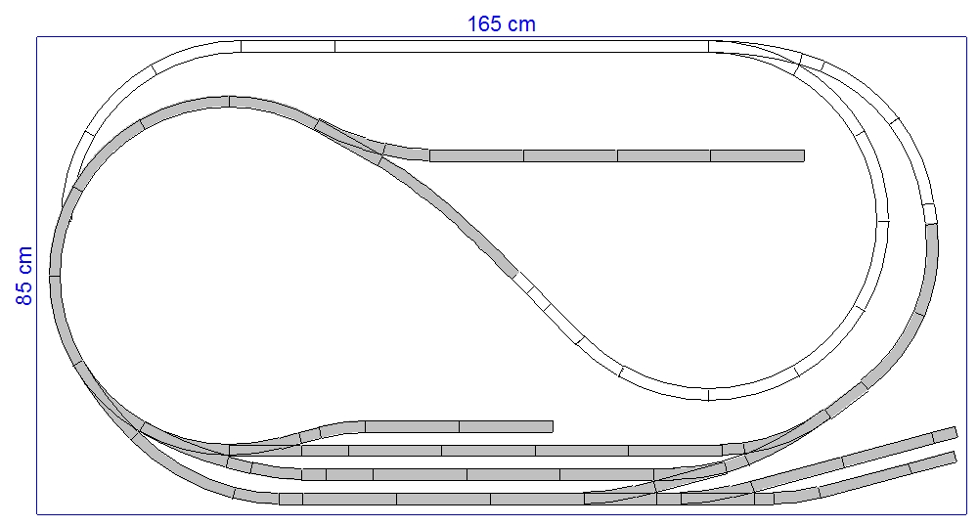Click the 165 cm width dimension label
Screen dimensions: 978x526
point(502,24)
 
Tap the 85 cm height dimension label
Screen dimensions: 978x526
point(24,276)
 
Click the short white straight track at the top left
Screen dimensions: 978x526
point(288,46)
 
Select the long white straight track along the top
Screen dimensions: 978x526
point(521,46)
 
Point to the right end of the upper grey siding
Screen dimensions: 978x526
point(804,155)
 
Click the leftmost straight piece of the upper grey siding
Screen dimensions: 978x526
point(476,155)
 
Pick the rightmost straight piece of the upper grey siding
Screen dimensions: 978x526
point(757,155)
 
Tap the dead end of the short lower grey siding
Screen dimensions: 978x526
point(553,427)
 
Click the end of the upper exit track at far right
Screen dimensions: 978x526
point(956,433)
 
